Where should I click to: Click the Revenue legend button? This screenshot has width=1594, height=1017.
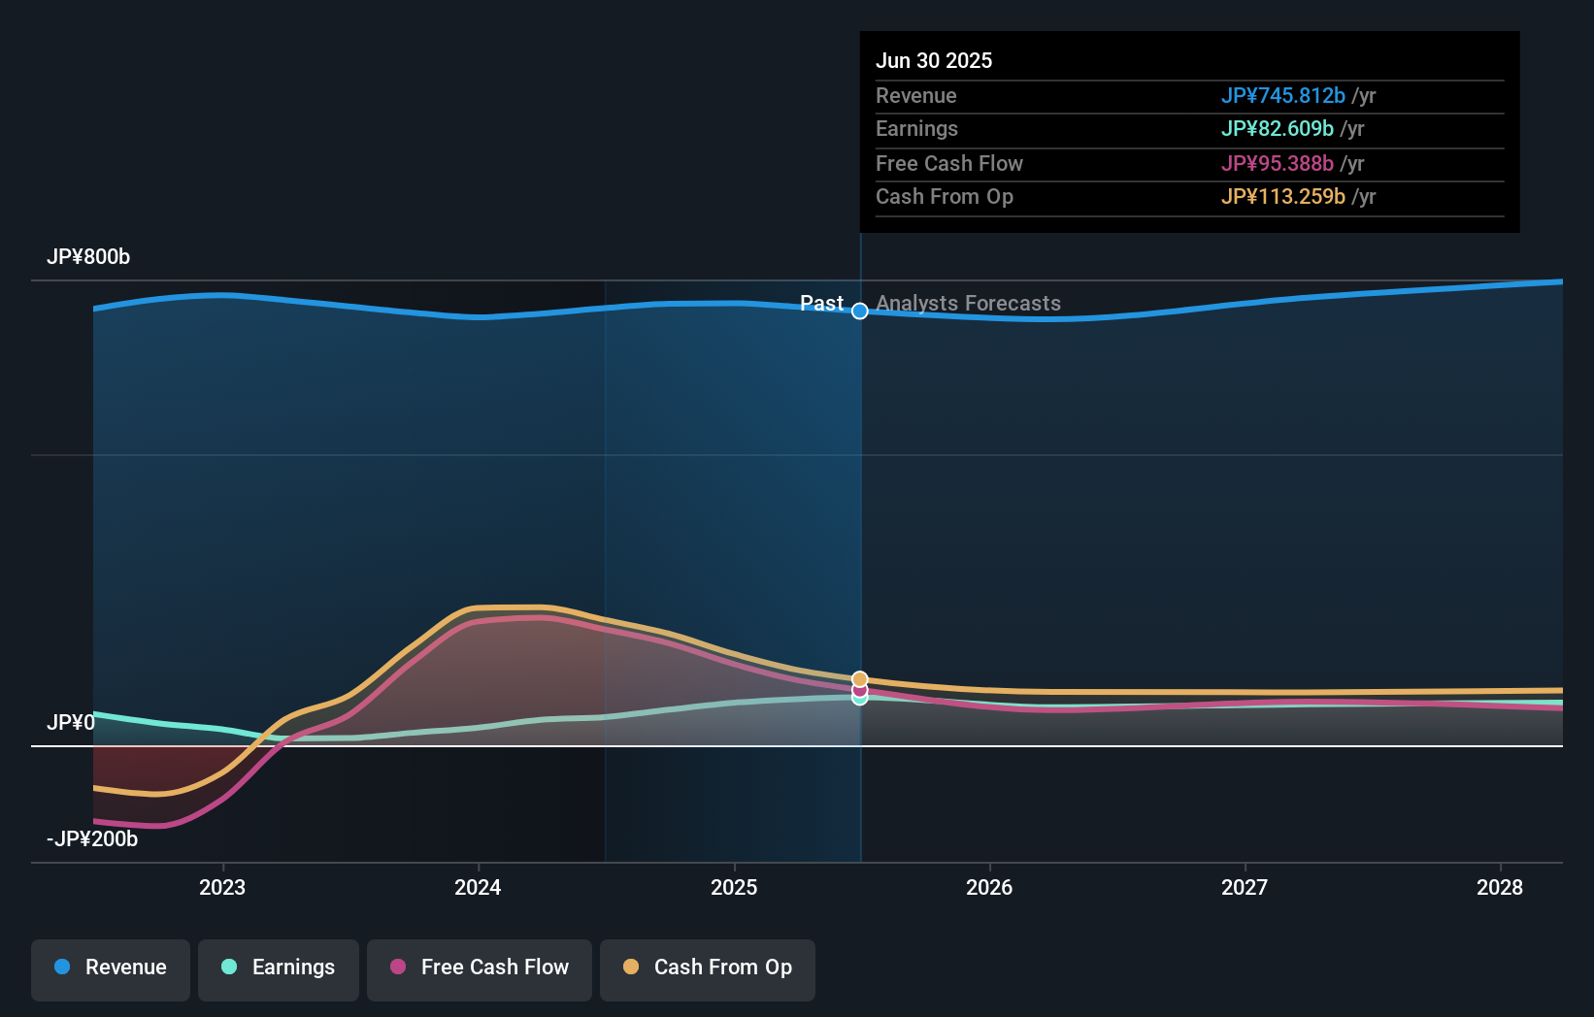point(111,968)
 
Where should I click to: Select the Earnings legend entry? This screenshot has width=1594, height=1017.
point(279,968)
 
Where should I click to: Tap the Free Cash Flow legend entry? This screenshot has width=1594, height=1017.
point(480,968)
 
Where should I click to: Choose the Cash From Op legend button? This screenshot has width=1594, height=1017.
point(708,968)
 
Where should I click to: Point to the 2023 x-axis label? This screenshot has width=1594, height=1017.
point(222,887)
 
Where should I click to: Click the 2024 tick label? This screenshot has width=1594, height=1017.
point(478,887)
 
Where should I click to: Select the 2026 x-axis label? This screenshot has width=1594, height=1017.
point(989,887)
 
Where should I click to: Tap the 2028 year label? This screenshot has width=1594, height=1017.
point(1500,887)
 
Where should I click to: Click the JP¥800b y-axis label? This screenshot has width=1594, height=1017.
point(88,257)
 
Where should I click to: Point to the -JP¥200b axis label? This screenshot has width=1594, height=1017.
point(92,839)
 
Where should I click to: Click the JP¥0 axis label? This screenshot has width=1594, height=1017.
point(71,723)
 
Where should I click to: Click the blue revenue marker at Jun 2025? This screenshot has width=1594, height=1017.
point(860,312)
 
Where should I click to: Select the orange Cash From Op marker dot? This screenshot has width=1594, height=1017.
point(860,679)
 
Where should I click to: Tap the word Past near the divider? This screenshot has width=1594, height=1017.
point(821,304)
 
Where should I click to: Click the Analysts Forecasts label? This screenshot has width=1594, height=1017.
point(968,304)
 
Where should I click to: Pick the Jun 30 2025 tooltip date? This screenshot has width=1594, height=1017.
point(934,61)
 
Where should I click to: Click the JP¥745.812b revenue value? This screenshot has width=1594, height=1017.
point(1282,96)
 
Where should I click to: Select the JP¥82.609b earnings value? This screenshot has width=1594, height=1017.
point(1277,129)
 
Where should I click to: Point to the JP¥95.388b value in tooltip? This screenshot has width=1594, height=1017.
point(1277,164)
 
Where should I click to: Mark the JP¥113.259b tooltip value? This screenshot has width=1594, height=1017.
point(1282,197)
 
